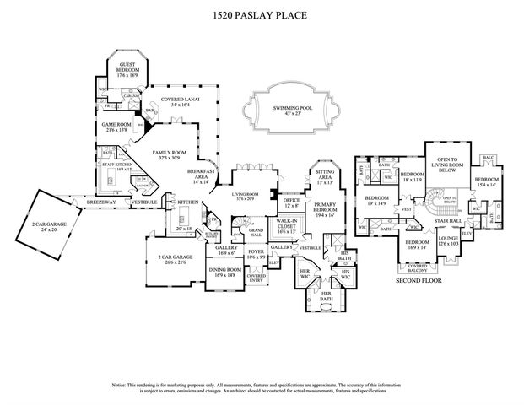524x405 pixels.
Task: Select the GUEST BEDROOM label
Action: [127, 67]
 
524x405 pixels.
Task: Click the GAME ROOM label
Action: [116, 127]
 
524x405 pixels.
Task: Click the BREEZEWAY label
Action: [89, 202]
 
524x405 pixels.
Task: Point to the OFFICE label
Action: [290, 202]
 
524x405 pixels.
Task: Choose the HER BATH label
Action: [326, 296]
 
